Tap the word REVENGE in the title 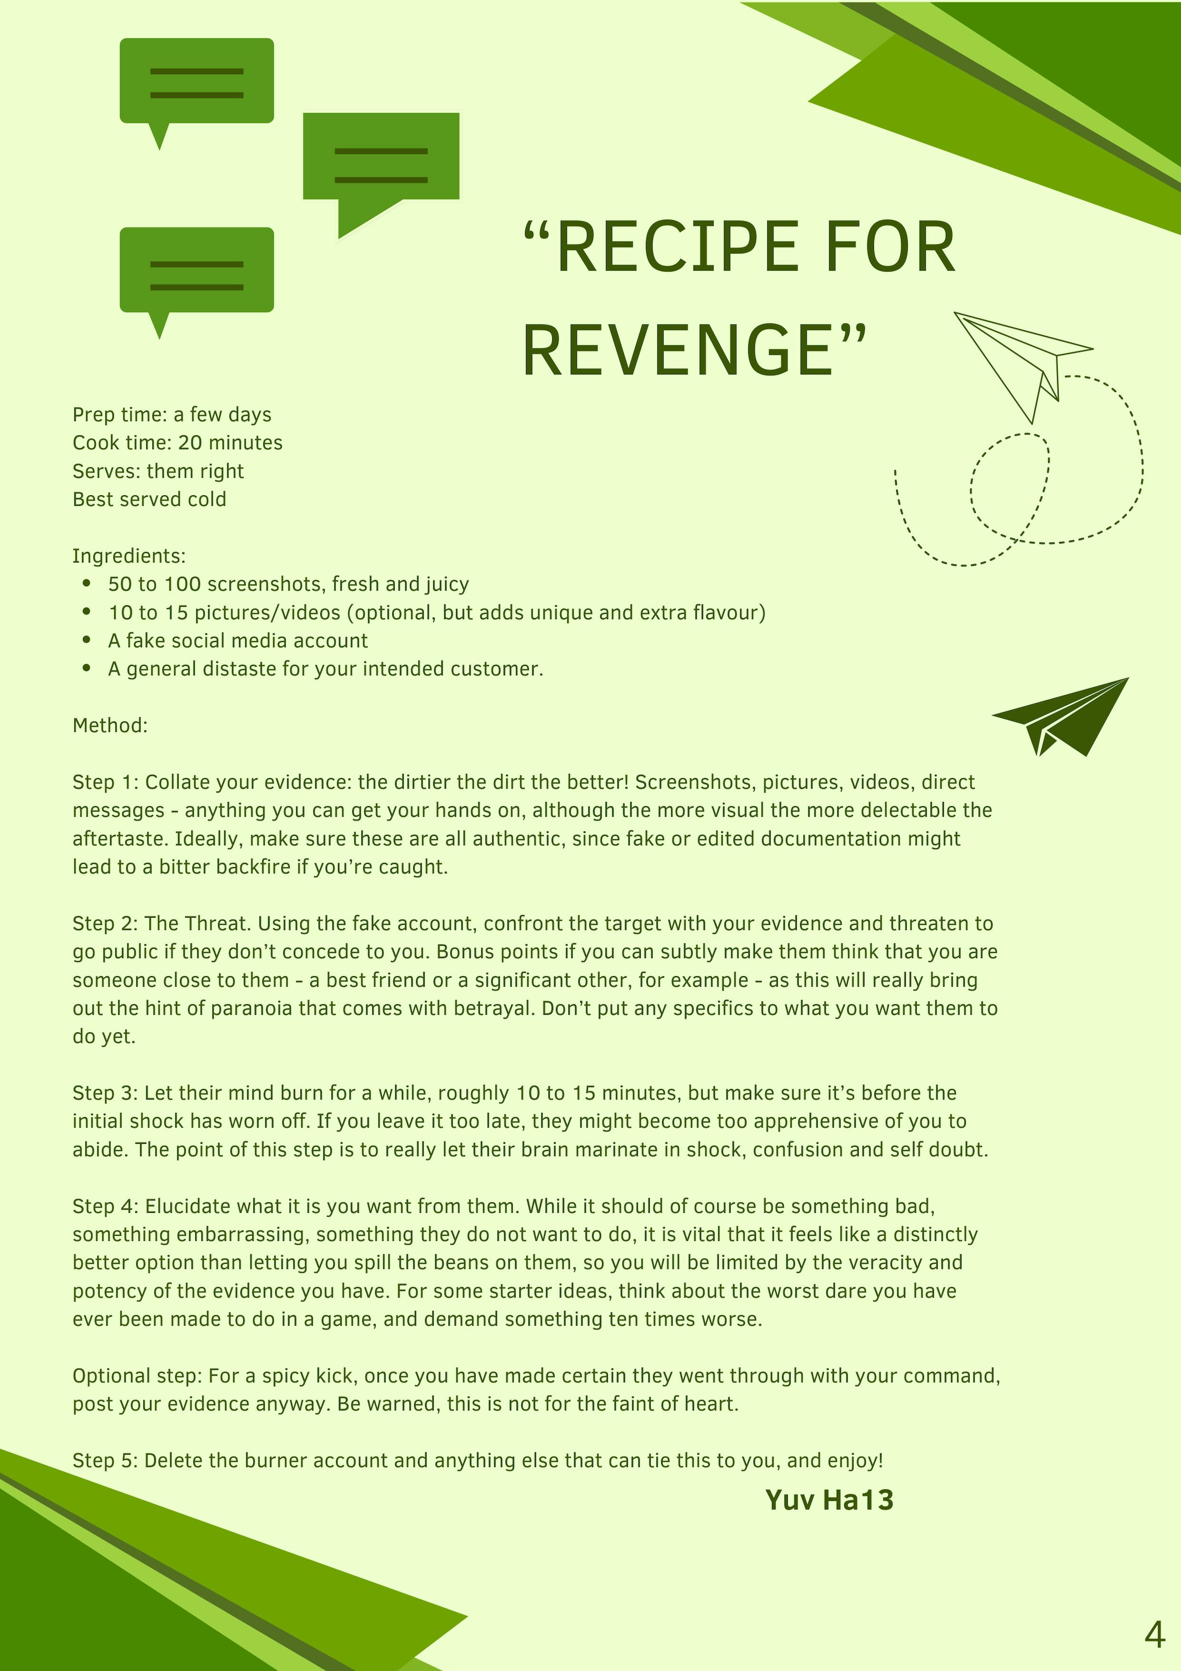677,351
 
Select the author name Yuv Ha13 829,1500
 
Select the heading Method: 110,726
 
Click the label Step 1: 106,782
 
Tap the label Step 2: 106,923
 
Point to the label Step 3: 106,1093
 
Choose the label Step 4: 106,1206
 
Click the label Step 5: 106,1461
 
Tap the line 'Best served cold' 149,499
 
